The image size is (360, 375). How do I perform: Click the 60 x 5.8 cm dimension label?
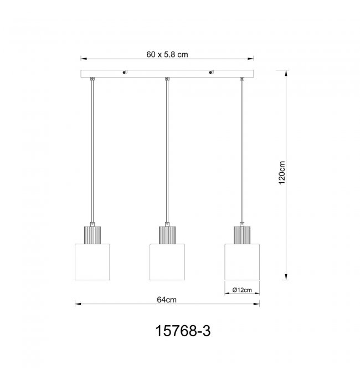pyautogui.click(x=167, y=54)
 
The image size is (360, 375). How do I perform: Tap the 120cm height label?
pyautogui.click(x=282, y=173)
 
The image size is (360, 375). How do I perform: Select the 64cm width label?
pyautogui.click(x=167, y=300)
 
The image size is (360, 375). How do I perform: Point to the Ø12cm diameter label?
pyautogui.click(x=242, y=290)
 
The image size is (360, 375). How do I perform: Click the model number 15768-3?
pyautogui.click(x=183, y=331)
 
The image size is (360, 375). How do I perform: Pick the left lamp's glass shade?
pyautogui.click(x=92, y=262)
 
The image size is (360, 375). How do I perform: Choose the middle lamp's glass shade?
pyautogui.click(x=167, y=262)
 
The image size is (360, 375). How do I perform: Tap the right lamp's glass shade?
pyautogui.click(x=242, y=262)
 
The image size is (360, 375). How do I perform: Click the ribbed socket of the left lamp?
pyautogui.click(x=92, y=235)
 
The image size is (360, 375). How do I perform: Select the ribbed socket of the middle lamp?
pyautogui.click(x=167, y=235)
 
